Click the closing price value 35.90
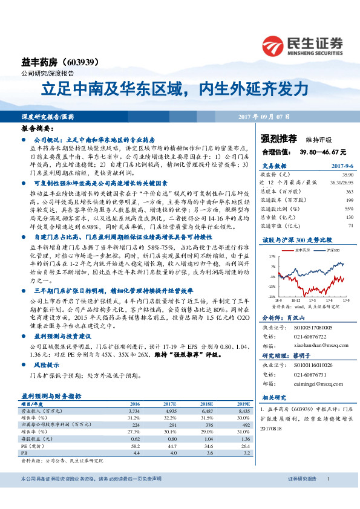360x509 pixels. [x=347, y=173]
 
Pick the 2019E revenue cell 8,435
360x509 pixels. [x=242, y=409]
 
